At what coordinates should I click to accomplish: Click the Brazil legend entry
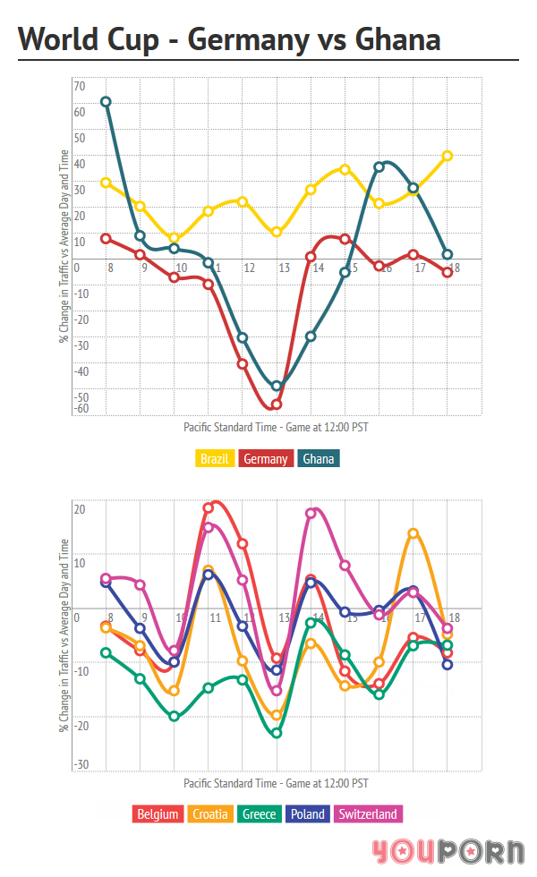214,459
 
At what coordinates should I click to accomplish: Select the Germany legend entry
266,459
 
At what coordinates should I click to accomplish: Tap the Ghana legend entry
320,459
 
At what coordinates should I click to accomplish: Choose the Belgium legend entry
159,814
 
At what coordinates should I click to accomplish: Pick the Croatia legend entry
210,814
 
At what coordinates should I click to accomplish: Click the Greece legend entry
260,814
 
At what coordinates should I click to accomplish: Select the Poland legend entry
308,814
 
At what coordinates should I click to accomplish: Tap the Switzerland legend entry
368,814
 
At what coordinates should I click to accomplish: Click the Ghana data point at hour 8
106,102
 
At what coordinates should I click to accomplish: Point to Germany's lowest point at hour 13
277,404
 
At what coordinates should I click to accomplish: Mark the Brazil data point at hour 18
447,156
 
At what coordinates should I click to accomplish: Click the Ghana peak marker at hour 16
379,166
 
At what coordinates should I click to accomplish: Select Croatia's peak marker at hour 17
413,533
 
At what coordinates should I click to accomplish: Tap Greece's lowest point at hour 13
277,733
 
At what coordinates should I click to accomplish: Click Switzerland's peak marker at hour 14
311,514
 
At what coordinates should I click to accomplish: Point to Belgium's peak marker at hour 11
209,508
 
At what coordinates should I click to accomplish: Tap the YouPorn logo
447,851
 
